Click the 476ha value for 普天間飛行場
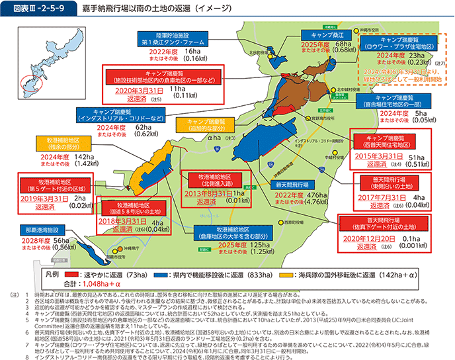pyautogui.click(x=317, y=195)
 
